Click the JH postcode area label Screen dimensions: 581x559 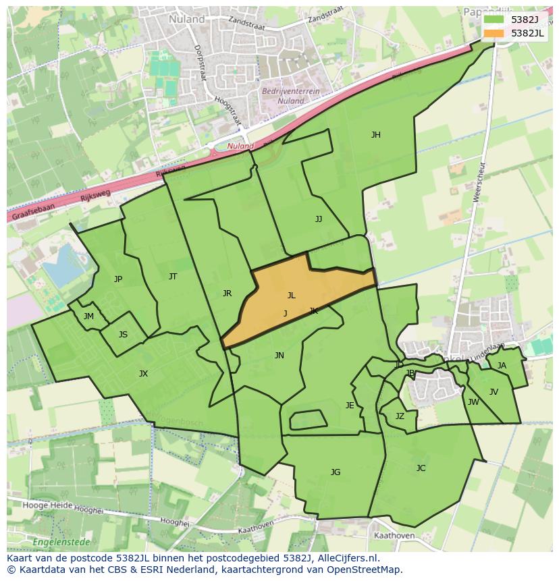click(375, 135)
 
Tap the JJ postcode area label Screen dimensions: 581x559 click(319, 219)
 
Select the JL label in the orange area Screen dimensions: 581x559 click(291, 296)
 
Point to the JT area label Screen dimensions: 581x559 click(173, 277)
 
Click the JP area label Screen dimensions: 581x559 click(118, 279)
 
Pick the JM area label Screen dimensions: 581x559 click(88, 316)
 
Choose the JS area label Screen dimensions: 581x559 click(123, 335)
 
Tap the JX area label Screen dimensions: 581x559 click(143, 374)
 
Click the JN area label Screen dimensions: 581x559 click(279, 356)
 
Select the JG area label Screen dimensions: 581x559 click(336, 472)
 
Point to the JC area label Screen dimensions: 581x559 click(421, 468)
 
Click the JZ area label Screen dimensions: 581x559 click(400, 416)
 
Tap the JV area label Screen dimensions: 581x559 click(494, 392)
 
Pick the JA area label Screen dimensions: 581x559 click(502, 366)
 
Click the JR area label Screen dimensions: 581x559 click(227, 294)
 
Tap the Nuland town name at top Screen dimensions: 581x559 click(187, 20)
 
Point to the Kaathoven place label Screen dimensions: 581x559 click(394, 536)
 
